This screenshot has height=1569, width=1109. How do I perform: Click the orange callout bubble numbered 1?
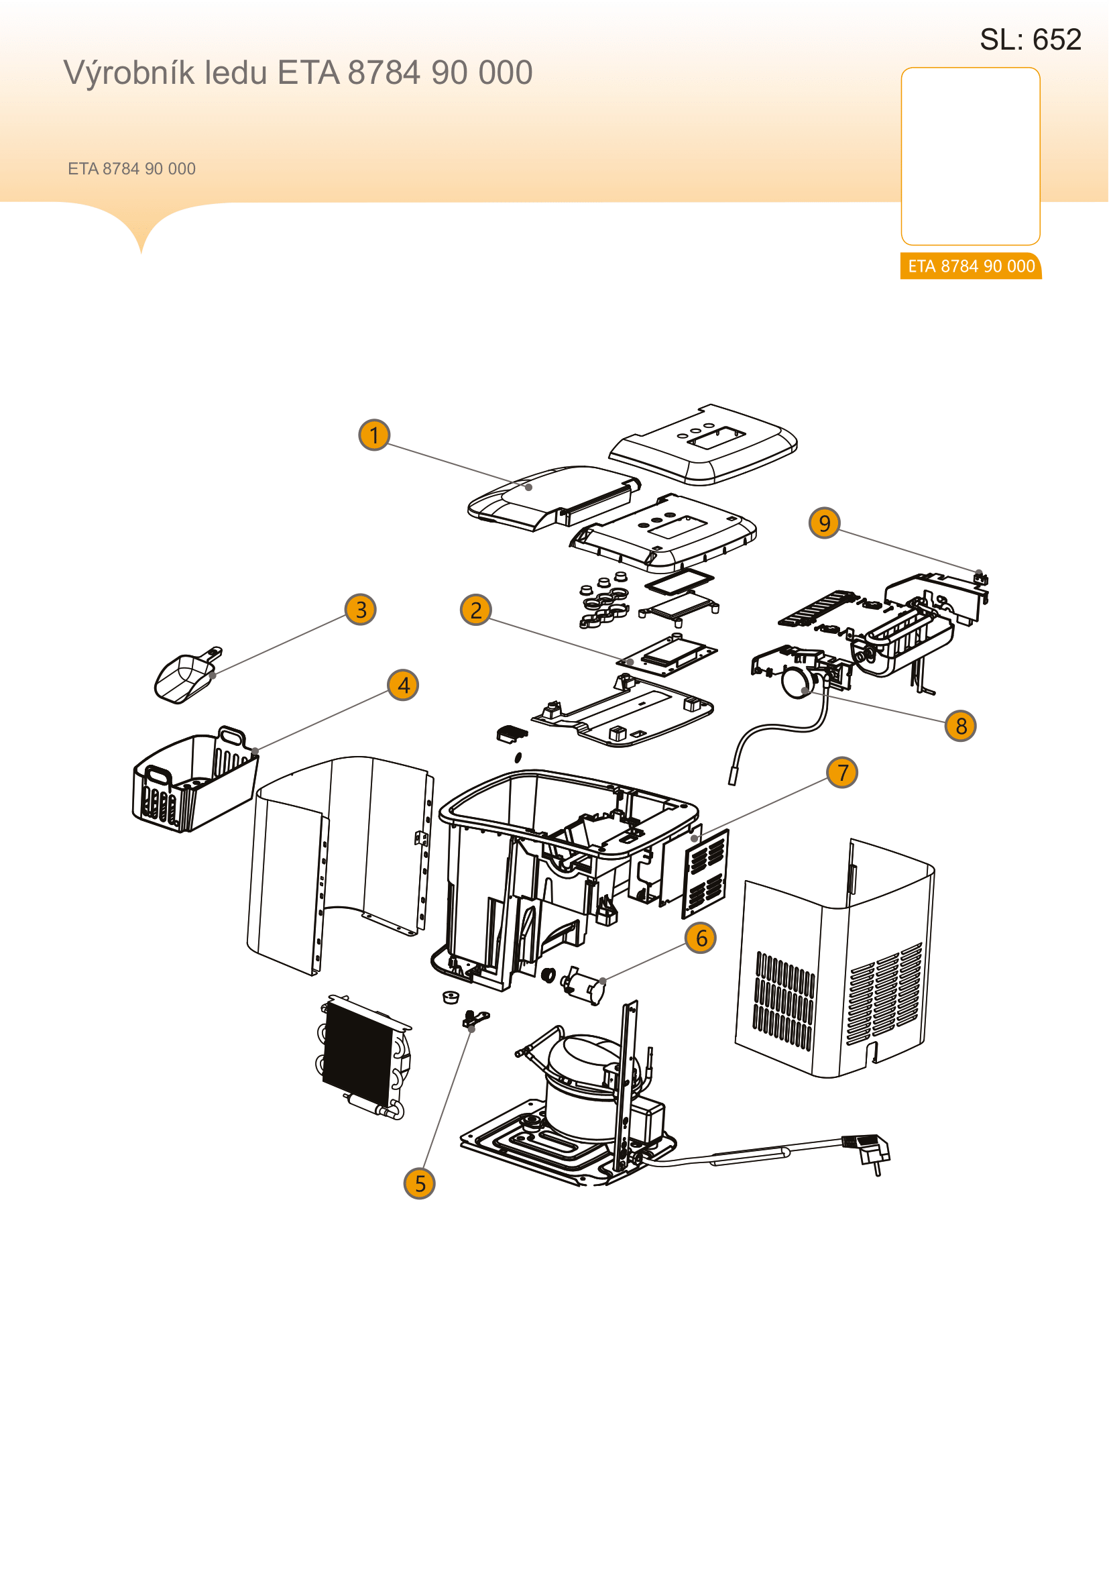(374, 435)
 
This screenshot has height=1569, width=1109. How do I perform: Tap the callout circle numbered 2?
(476, 610)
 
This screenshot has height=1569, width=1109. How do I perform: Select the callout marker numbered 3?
(361, 609)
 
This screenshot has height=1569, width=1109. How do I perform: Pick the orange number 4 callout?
(403, 685)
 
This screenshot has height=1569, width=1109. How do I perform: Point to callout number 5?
(419, 1183)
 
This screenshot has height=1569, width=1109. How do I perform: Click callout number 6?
(701, 938)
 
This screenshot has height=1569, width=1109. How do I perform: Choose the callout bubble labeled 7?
(842, 772)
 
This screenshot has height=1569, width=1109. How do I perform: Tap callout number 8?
(961, 726)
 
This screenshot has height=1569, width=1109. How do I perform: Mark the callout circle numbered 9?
(824, 523)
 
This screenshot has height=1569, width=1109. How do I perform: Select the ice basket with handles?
(194, 780)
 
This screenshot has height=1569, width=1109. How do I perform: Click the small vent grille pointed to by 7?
(706, 874)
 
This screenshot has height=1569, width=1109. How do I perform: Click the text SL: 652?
(1031, 40)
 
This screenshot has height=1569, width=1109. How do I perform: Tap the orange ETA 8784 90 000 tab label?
(971, 266)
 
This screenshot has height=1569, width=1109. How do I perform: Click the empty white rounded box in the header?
(970, 156)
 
